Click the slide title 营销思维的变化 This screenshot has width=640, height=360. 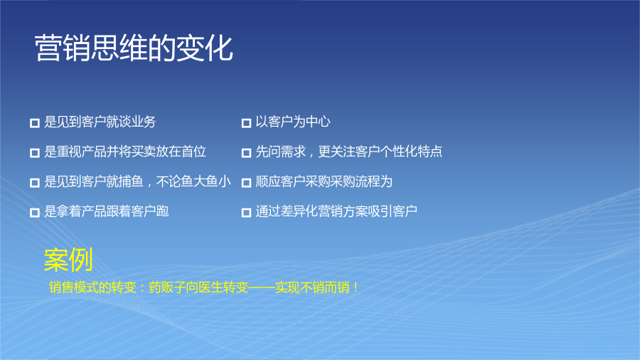click(x=134, y=48)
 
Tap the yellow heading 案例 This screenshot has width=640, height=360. click(x=68, y=260)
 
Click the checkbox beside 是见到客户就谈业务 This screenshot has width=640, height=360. click(x=35, y=123)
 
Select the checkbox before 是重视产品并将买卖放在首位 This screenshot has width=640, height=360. click(x=35, y=153)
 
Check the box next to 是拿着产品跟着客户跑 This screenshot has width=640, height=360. click(x=35, y=212)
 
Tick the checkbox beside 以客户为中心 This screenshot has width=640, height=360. click(x=246, y=123)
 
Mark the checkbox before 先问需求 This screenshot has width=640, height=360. click(x=246, y=153)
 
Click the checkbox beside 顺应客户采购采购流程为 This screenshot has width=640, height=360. click(x=246, y=182)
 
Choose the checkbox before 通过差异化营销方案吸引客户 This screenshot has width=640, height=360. click(x=246, y=212)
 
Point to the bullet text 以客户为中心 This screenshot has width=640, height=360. click(x=293, y=122)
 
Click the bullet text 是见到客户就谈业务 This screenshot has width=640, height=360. click(x=100, y=122)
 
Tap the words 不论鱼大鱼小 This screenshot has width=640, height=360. click(x=193, y=181)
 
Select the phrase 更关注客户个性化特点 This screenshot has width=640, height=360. click(x=380, y=152)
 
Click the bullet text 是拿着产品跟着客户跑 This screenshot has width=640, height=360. click(x=106, y=211)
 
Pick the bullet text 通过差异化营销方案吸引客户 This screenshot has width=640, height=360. click(x=336, y=211)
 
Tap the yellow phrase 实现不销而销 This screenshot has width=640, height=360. click(x=312, y=287)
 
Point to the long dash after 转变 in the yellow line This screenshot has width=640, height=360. click(x=262, y=287)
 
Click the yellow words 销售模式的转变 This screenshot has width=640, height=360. click(x=92, y=287)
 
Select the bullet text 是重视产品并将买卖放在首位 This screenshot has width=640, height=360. click(x=125, y=152)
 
